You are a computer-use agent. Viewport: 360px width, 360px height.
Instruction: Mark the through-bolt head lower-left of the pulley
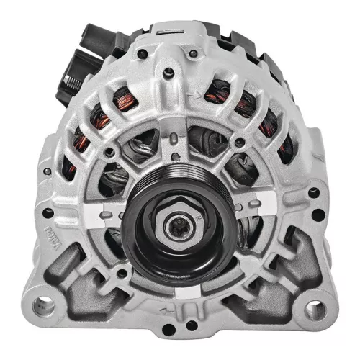pos(122,273)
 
